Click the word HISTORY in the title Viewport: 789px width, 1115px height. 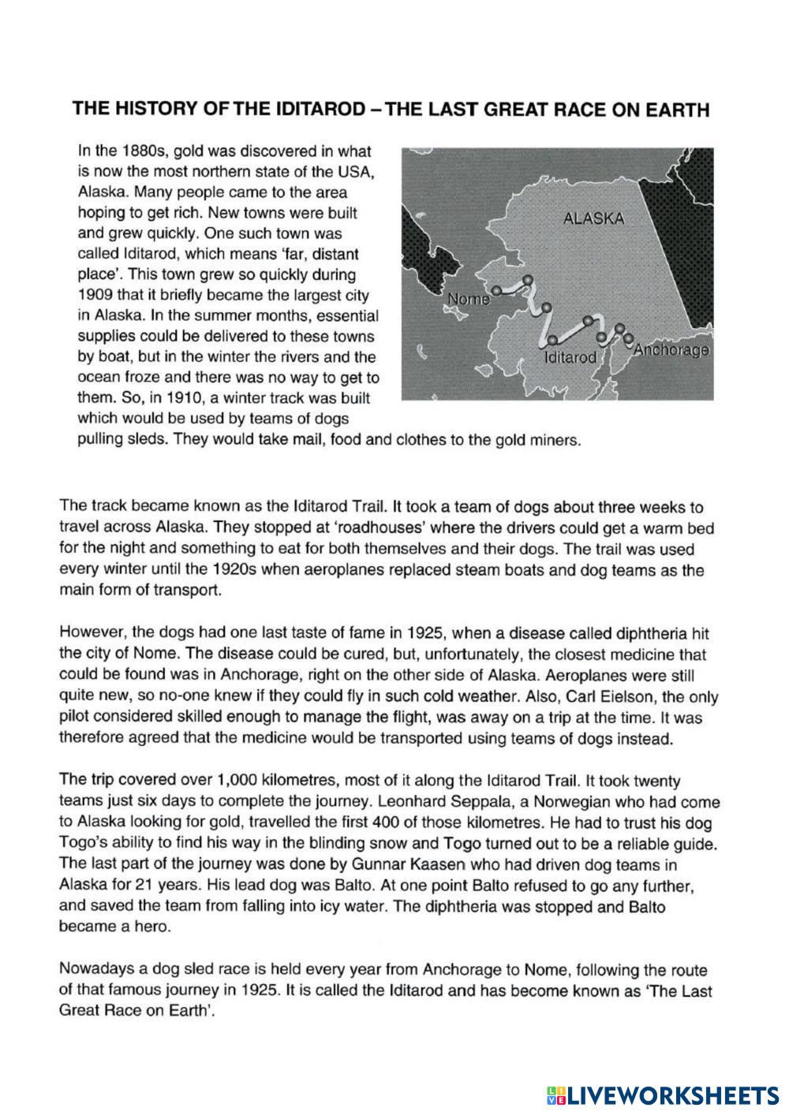tap(154, 110)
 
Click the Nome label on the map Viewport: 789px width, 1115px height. tap(468, 299)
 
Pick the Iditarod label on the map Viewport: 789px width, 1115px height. tap(570, 357)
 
